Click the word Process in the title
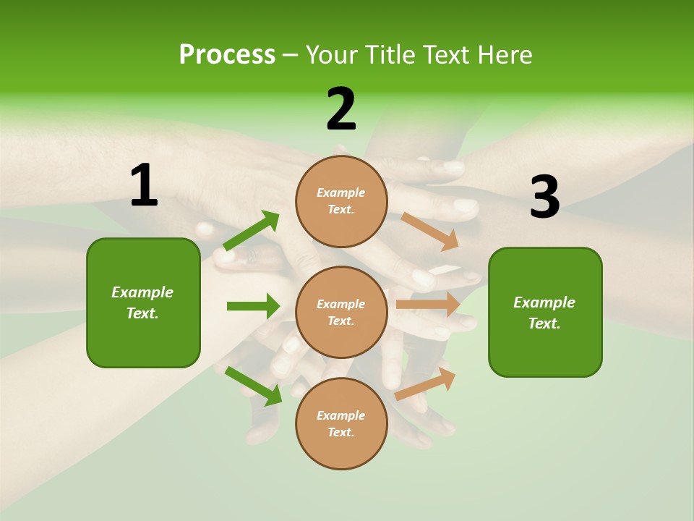(227, 55)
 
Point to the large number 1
(144, 186)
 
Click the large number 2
(341, 109)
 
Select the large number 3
(544, 198)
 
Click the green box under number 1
(143, 302)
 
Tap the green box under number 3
(545, 313)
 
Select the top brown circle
(341, 201)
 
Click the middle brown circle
(341, 312)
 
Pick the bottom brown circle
(341, 423)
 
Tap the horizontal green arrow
(253, 306)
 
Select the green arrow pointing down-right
(254, 386)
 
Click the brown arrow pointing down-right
(429, 231)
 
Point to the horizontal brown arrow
(428, 305)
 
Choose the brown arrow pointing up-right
(426, 384)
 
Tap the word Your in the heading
(330, 55)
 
